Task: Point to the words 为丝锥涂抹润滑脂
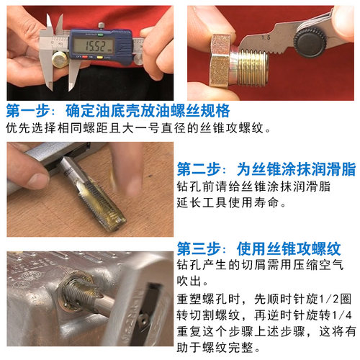[295, 170]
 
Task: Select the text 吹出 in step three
[192, 280]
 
